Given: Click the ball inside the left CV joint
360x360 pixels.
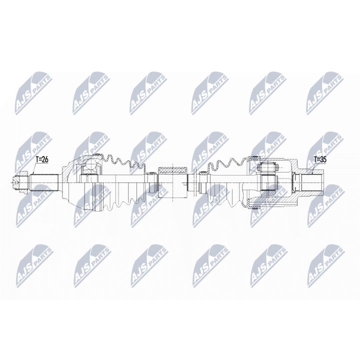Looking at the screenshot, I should click(x=90, y=167).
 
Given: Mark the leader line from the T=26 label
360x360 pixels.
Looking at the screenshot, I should click(x=34, y=167).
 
